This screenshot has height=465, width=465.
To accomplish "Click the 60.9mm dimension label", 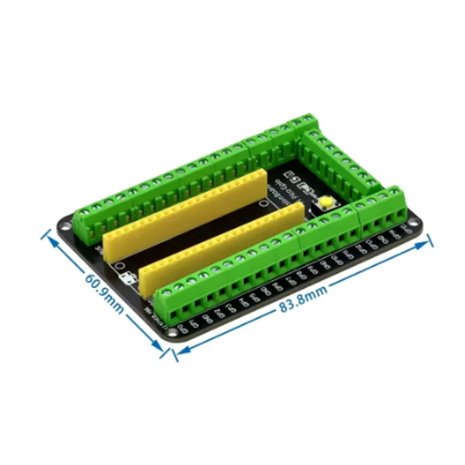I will click(x=105, y=294).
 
